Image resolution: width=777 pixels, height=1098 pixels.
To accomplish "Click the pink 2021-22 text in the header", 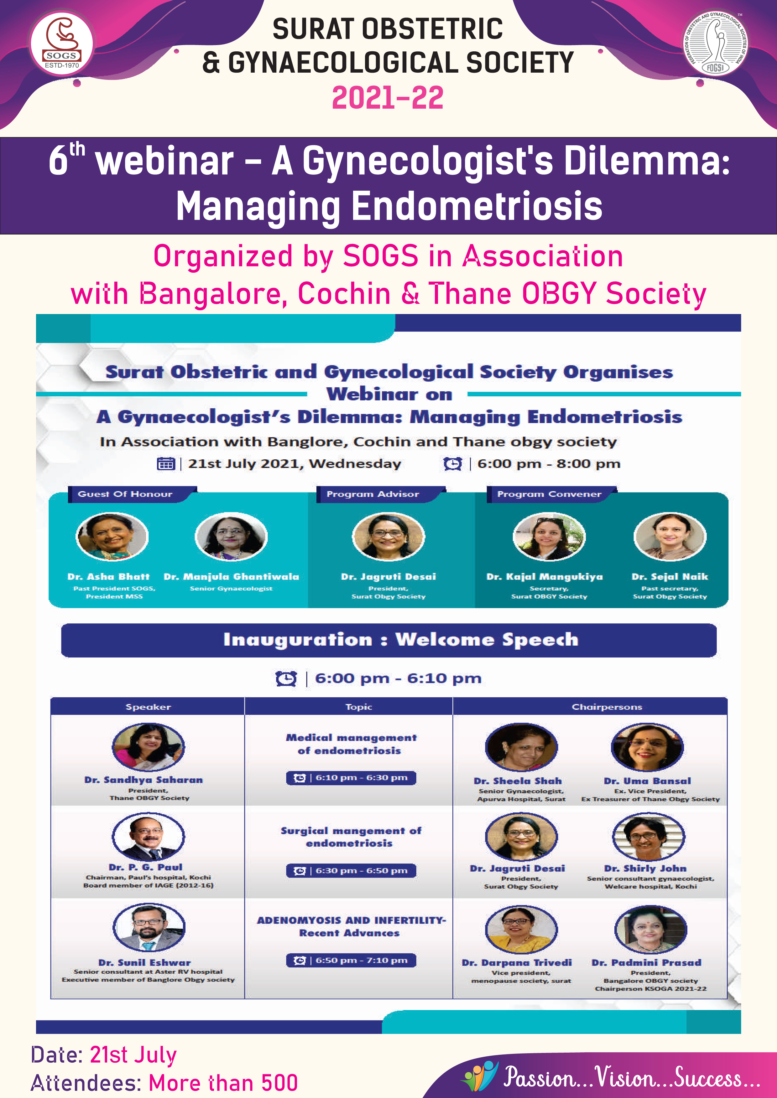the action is (x=388, y=98).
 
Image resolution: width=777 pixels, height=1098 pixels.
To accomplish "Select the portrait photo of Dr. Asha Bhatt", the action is (x=112, y=537).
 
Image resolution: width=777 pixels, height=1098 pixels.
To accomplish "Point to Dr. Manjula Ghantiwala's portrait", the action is (x=232, y=537).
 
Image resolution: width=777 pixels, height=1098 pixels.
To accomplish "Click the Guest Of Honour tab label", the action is (x=125, y=494).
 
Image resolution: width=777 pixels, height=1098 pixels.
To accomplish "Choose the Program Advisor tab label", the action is (x=373, y=494).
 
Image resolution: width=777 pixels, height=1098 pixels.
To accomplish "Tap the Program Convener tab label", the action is (x=549, y=494).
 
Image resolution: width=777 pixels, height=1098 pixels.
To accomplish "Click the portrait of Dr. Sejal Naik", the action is (x=670, y=537).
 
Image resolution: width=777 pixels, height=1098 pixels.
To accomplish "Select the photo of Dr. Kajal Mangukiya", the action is (x=549, y=537).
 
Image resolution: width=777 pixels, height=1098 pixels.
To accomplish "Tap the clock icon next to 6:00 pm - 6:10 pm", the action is (x=286, y=678).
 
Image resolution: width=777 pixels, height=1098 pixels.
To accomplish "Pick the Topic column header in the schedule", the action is (x=358, y=707).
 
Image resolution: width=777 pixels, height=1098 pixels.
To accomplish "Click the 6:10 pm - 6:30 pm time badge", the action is (x=351, y=778).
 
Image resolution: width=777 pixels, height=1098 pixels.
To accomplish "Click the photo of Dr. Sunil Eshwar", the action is (x=149, y=927).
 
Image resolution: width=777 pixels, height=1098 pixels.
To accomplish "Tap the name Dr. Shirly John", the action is (x=645, y=869).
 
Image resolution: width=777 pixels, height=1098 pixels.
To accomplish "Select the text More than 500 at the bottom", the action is (x=223, y=1083).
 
